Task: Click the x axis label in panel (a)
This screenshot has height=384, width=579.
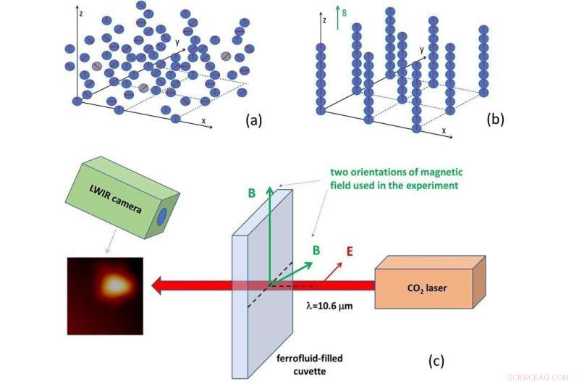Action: (x=204, y=119)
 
